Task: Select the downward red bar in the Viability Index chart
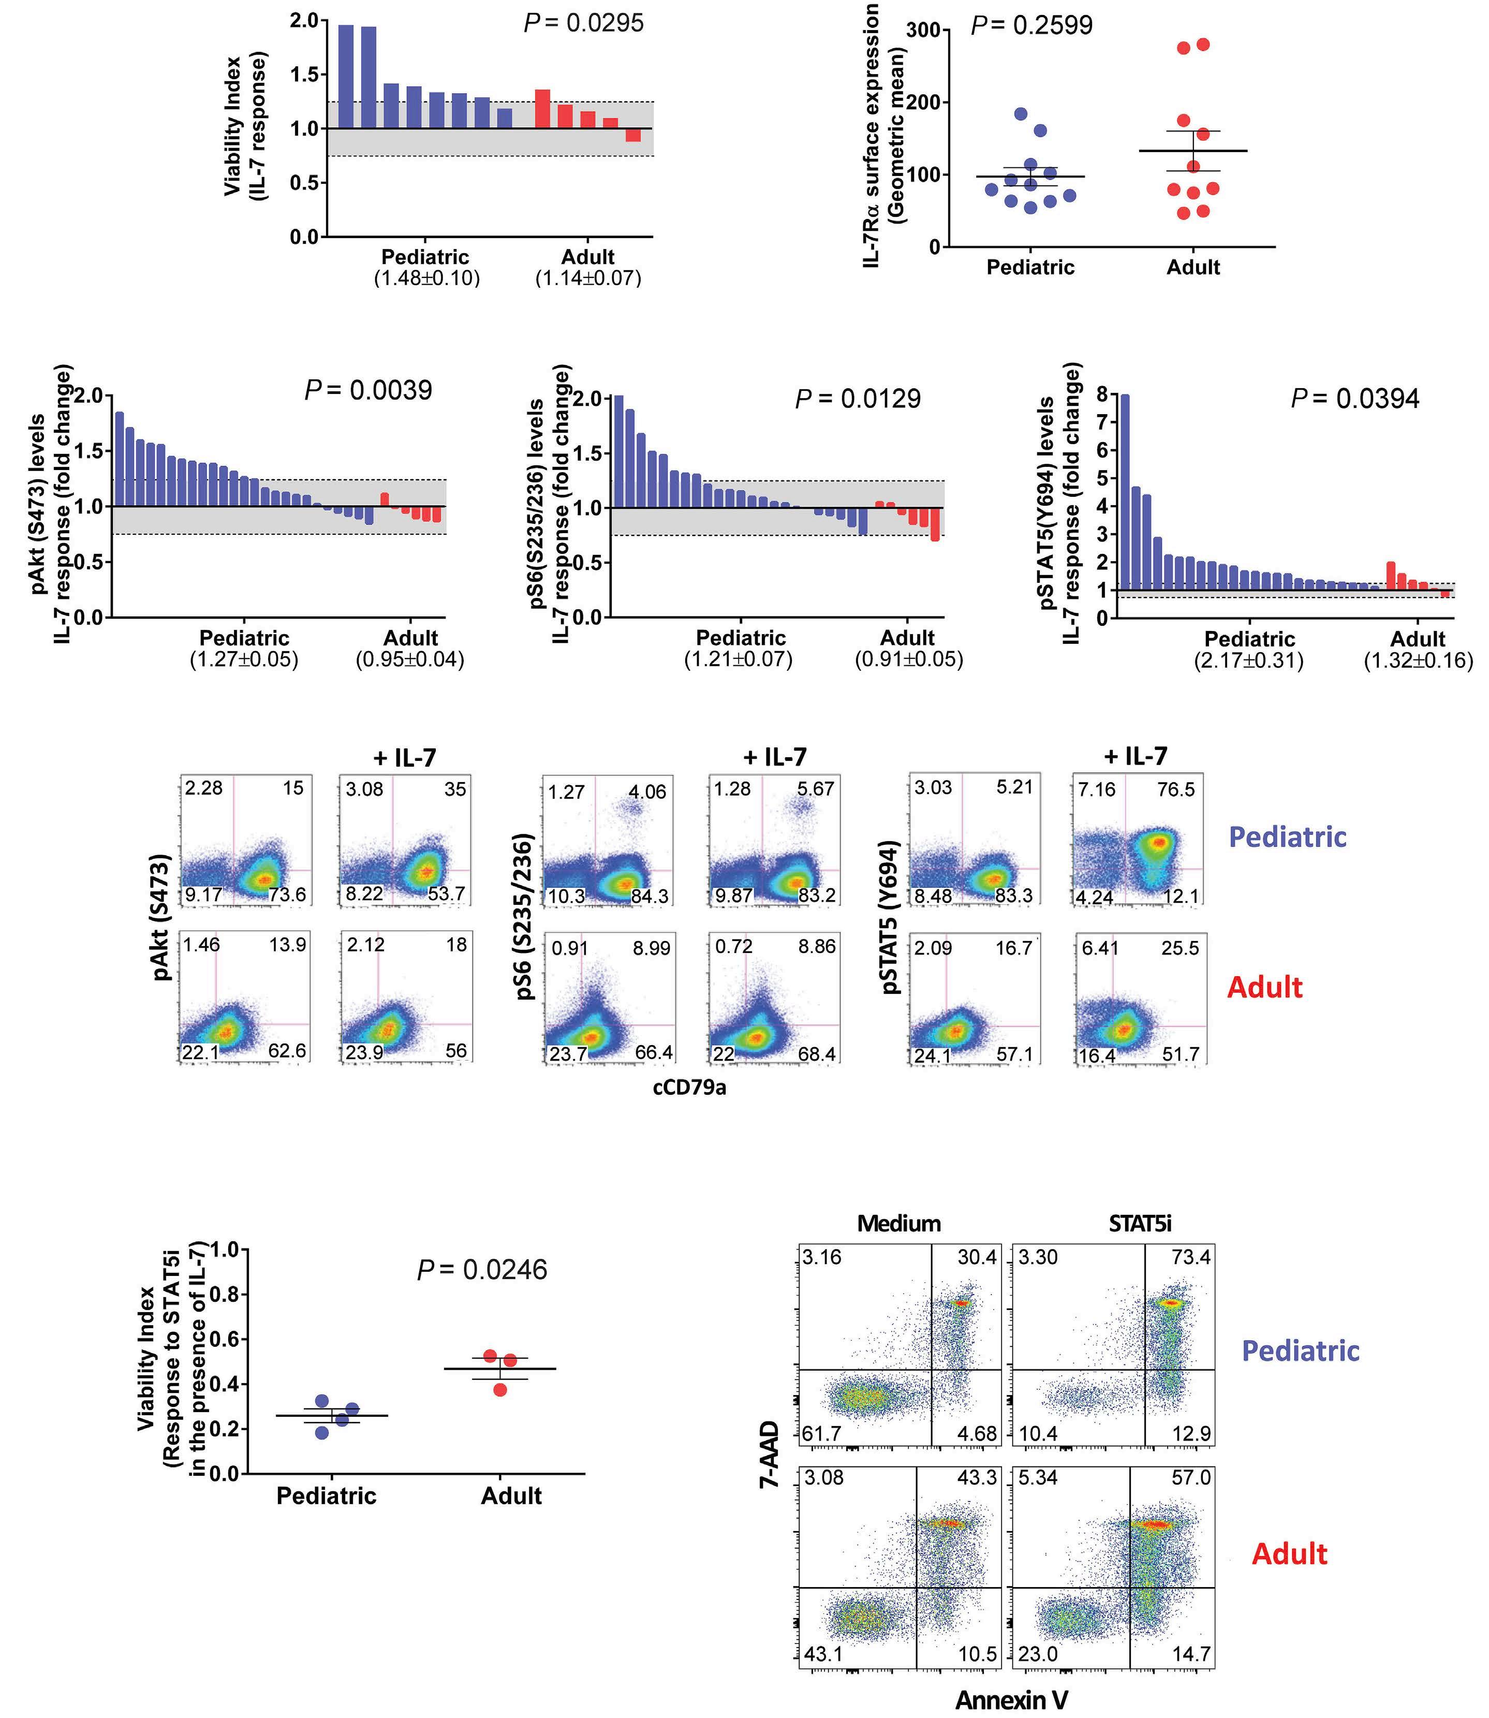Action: pyautogui.click(x=633, y=135)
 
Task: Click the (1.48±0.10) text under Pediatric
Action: pyautogui.click(x=427, y=278)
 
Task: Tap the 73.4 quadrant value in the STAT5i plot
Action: pyautogui.click(x=1191, y=1257)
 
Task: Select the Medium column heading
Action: pyautogui.click(x=899, y=1224)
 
